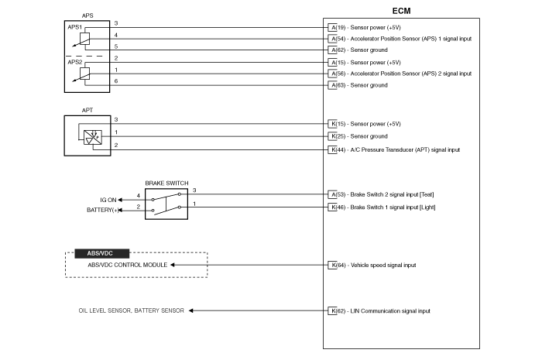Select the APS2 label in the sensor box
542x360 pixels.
pos(75,62)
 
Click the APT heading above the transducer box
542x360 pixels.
pos(87,111)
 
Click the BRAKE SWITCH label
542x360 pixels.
pos(166,183)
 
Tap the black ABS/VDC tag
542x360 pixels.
pos(101,253)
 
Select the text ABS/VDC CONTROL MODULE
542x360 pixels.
pos(117,265)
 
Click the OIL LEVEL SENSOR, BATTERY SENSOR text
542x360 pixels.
pos(132,310)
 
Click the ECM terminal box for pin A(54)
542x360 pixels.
pos(332,38)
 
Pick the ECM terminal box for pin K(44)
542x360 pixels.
pos(332,149)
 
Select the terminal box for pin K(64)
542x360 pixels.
pos(332,265)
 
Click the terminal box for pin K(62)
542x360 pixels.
pos(332,310)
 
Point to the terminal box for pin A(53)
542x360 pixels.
pos(332,194)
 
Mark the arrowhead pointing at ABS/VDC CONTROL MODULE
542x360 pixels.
pos(173,265)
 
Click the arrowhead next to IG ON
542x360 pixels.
pos(121,199)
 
